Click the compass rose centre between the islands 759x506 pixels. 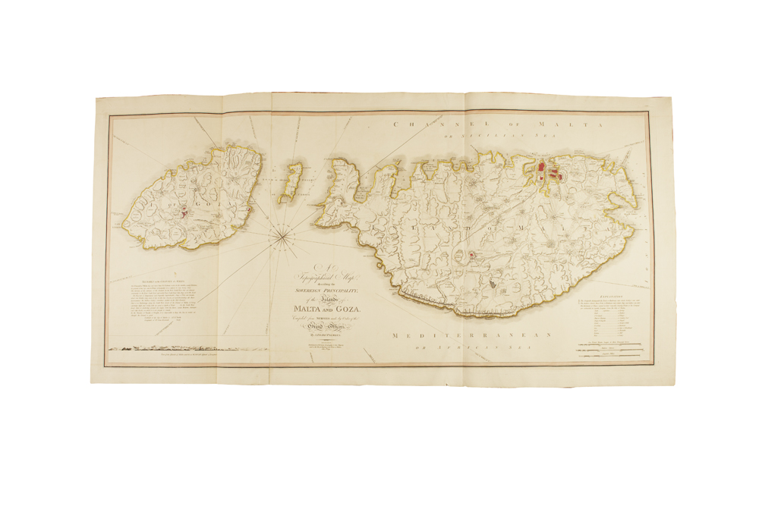(x=282, y=237)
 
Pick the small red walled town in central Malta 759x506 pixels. (x=473, y=255)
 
